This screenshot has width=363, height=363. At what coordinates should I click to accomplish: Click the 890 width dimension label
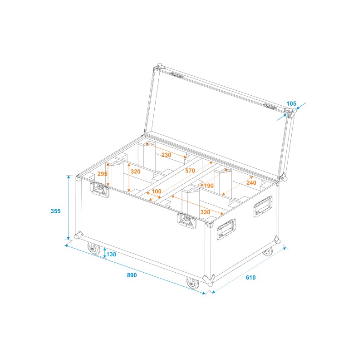point(132,275)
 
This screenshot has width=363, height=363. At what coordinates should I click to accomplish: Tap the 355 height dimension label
point(55,211)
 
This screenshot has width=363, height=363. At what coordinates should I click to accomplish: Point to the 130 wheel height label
point(112,254)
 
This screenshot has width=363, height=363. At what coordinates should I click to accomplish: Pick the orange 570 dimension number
point(190,171)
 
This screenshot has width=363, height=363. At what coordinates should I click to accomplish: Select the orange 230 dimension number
point(166,155)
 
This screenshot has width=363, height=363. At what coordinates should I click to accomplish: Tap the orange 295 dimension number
point(102,174)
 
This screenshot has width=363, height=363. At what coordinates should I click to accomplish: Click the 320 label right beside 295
point(135,172)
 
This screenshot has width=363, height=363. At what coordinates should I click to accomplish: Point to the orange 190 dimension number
point(208,186)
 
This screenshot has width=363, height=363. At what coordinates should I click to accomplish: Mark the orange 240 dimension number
point(252,183)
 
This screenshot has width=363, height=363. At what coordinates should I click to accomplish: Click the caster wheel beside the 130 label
point(94,249)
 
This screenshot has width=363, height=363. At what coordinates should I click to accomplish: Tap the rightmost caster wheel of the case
point(268,250)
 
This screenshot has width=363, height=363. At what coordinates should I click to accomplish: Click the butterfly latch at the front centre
point(186,221)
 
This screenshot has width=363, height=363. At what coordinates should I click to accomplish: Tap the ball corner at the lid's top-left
point(159,66)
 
